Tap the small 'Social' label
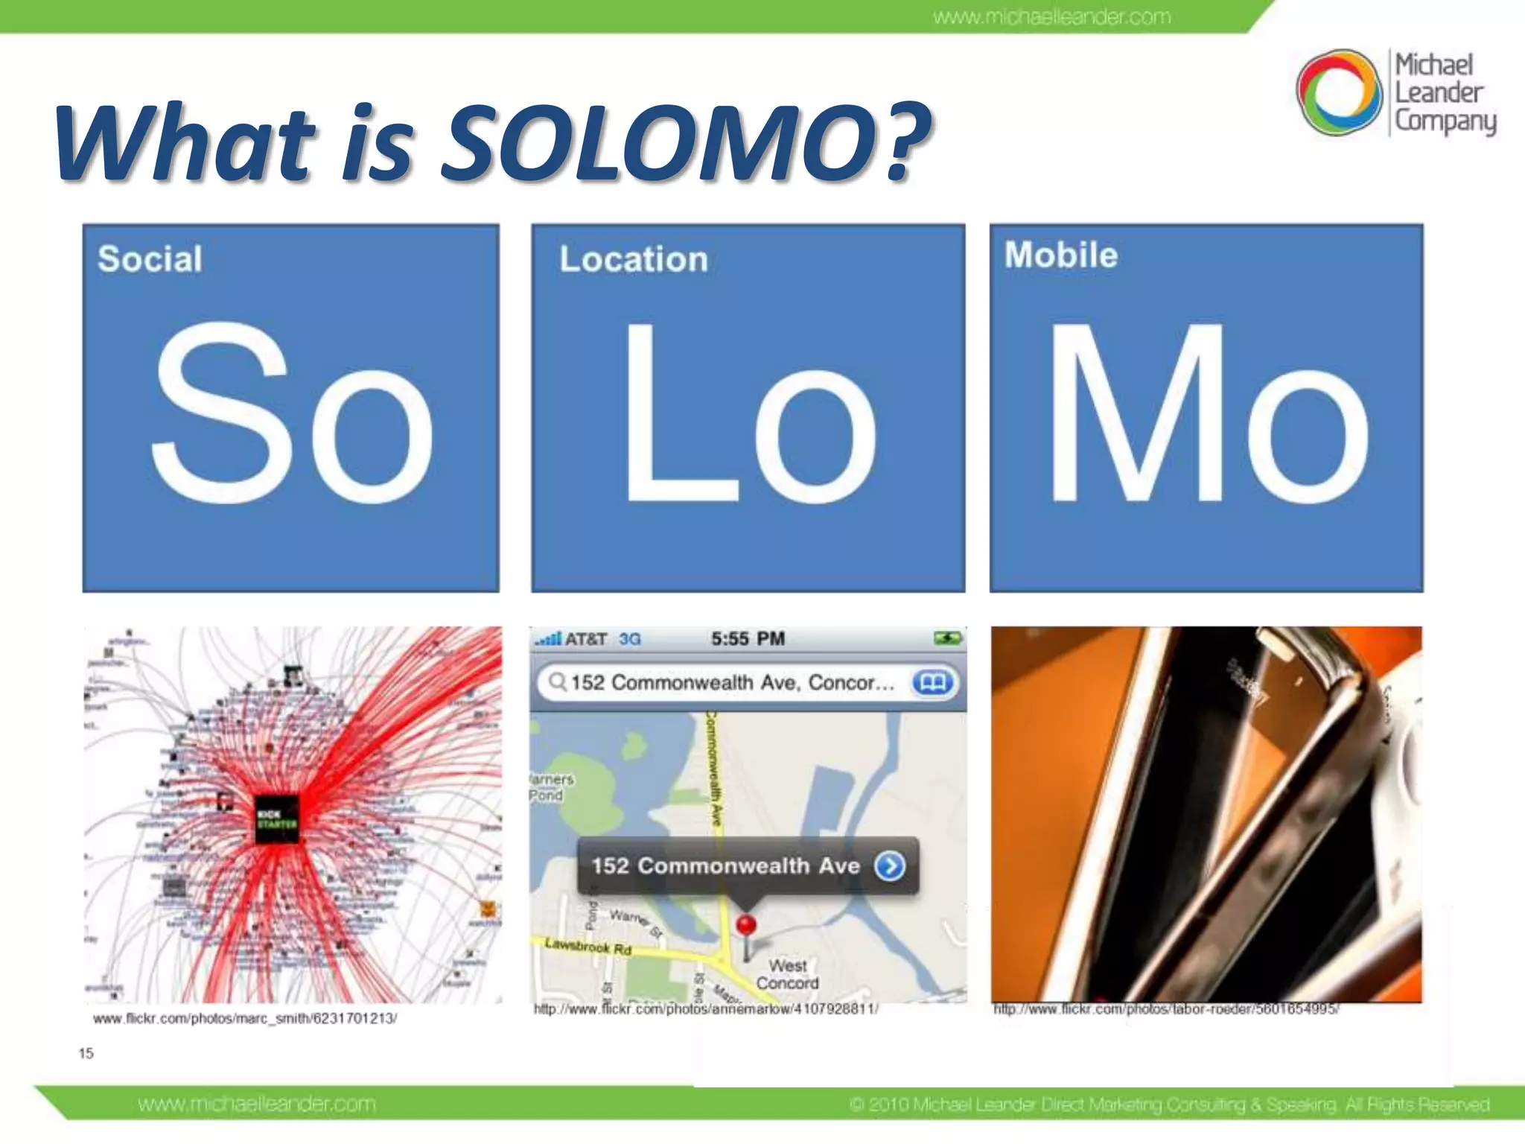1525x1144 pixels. pyautogui.click(x=150, y=259)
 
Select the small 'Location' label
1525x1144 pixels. pyautogui.click(x=633, y=259)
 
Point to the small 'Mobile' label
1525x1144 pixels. pyautogui.click(x=1060, y=255)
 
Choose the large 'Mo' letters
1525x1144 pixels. pyautogui.click(x=1206, y=413)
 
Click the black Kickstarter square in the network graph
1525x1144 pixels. pyautogui.click(x=277, y=819)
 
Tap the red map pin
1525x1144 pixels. pyautogui.click(x=746, y=925)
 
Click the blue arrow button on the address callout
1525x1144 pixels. pyautogui.click(x=890, y=866)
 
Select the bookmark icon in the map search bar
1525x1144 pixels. pyautogui.click(x=932, y=682)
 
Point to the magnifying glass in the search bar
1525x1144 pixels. pyautogui.click(x=557, y=681)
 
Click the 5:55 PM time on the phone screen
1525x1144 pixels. pyautogui.click(x=748, y=638)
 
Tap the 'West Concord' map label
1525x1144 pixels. pyautogui.click(x=787, y=974)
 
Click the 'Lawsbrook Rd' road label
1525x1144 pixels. pyautogui.click(x=588, y=947)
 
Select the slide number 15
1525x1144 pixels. pyautogui.click(x=86, y=1053)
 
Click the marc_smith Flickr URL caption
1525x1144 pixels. pyautogui.click(x=245, y=1018)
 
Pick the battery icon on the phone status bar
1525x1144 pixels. pyautogui.click(x=947, y=638)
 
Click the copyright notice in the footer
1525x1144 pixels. pyautogui.click(x=1169, y=1105)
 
